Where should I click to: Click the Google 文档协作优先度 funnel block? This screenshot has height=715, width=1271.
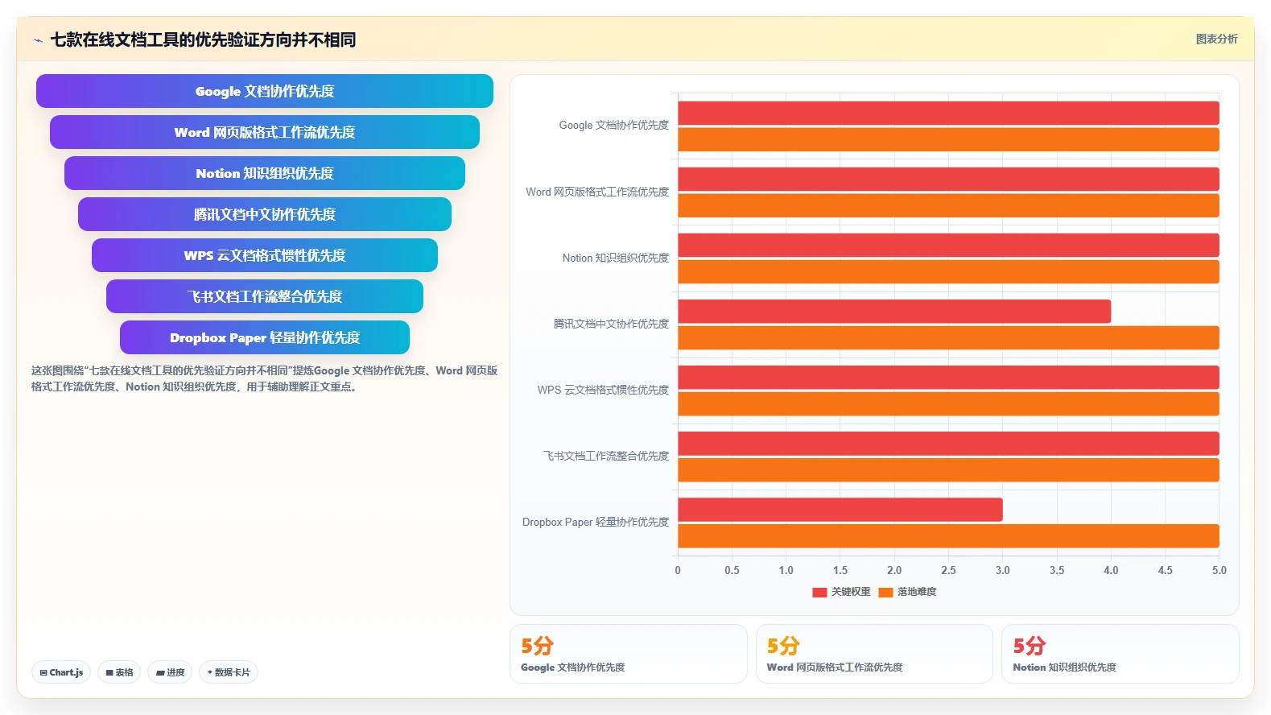tap(264, 91)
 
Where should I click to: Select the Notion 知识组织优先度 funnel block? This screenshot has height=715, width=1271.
tap(264, 173)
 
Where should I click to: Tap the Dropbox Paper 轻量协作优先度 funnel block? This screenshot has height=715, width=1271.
tap(264, 337)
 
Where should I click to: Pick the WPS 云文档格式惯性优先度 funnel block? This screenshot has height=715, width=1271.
tap(264, 255)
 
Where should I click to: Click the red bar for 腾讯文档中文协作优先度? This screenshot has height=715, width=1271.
tap(894, 312)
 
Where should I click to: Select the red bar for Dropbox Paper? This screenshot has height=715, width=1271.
tap(840, 510)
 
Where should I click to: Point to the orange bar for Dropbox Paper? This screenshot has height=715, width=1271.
tap(949, 536)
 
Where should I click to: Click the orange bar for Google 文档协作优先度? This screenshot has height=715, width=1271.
tap(949, 139)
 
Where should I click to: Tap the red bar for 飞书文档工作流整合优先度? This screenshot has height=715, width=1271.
tap(949, 444)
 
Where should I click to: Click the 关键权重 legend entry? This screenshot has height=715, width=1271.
tap(841, 592)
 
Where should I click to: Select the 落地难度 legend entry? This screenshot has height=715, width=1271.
tap(907, 592)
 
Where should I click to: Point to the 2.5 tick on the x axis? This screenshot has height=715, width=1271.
tap(949, 570)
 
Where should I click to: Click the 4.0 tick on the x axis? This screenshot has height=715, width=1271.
tap(1111, 570)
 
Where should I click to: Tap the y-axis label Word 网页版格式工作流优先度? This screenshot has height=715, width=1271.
tap(597, 192)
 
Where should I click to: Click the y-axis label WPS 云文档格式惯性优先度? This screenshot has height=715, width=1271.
tap(603, 390)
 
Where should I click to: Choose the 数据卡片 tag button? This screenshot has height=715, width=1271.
tap(229, 672)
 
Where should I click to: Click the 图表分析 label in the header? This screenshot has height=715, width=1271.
tap(1216, 39)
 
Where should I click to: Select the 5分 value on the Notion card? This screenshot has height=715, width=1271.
tap(1030, 646)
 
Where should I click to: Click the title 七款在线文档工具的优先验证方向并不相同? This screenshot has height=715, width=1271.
tap(203, 39)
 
